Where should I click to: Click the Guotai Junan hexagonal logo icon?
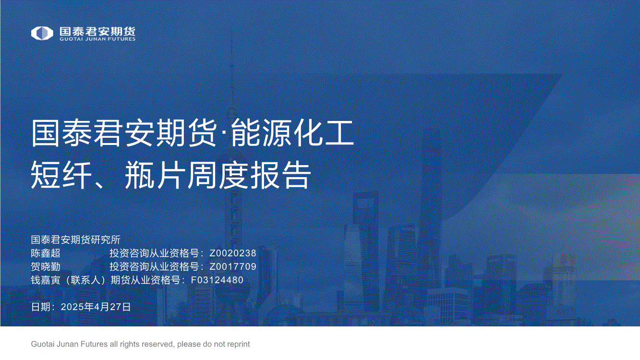(42, 33)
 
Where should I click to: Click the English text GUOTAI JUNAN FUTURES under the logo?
(97, 39)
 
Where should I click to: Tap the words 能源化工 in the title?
(292, 133)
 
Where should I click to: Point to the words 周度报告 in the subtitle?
(249, 174)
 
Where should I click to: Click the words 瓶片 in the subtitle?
(154, 174)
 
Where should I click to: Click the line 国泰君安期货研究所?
(76, 240)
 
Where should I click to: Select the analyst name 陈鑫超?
(46, 253)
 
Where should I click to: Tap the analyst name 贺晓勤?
(46, 266)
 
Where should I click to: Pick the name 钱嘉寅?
(46, 280)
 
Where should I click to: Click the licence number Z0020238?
(233, 253)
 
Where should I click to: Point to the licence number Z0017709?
(233, 266)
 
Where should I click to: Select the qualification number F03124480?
(217, 280)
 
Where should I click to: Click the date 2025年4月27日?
(96, 307)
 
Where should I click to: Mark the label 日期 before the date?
(41, 307)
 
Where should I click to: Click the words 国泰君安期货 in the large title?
(124, 133)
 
